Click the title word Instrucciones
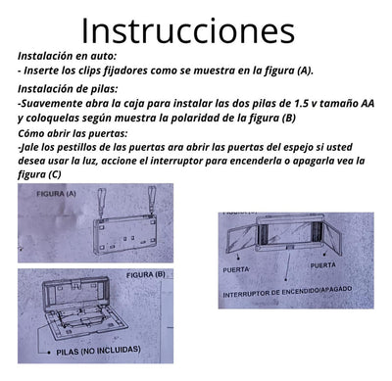tap(188, 31)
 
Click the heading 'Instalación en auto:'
tap(67, 56)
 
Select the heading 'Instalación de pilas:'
tap(68, 88)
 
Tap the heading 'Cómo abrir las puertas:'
tap(73, 133)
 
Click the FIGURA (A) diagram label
tap(56, 194)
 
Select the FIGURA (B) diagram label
tap(146, 275)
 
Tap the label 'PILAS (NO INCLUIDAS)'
tap(98, 351)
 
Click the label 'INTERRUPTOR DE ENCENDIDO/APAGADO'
tap(287, 292)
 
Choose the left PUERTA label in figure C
tap(236, 270)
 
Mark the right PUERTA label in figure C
tap(322, 265)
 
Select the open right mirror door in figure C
tap(332, 237)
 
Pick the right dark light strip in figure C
tap(317, 231)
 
